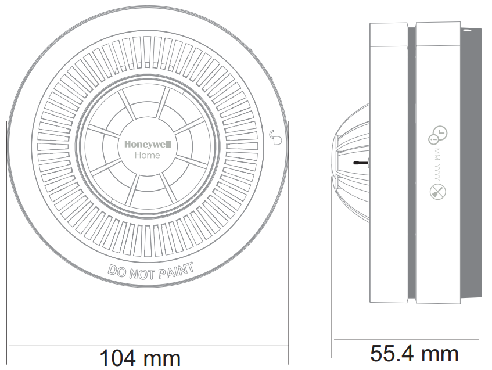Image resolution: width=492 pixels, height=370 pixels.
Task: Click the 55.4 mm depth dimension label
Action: click(414, 353)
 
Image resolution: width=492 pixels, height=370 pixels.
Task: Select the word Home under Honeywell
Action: click(147, 155)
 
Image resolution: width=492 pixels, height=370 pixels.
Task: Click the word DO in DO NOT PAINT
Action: click(117, 270)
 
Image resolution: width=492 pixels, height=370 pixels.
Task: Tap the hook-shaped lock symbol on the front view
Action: click(276, 138)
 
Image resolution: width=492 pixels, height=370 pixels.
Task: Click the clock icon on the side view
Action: click(437, 135)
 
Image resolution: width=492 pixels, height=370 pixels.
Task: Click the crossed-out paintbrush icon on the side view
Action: click(437, 192)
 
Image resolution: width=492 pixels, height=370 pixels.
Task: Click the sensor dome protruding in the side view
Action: click(351, 163)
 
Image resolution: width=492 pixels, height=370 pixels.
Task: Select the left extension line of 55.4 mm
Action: click(332, 325)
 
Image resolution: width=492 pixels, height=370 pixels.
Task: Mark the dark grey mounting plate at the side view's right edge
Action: click(472, 163)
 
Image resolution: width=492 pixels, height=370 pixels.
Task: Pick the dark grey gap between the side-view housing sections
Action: click(411, 163)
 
